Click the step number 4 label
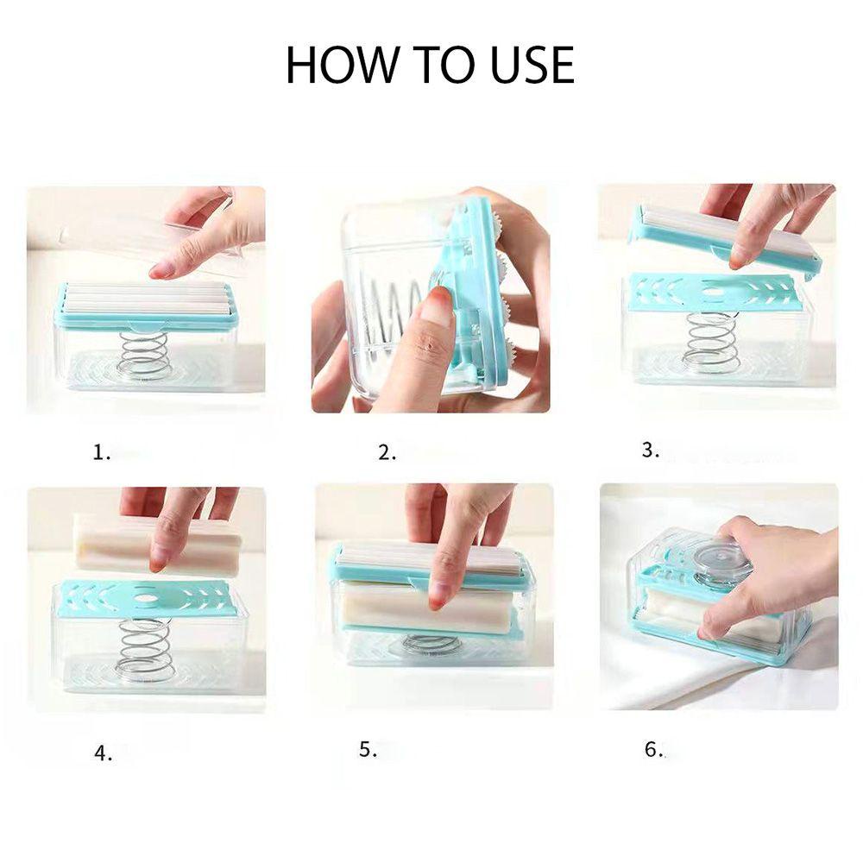click(x=103, y=753)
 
